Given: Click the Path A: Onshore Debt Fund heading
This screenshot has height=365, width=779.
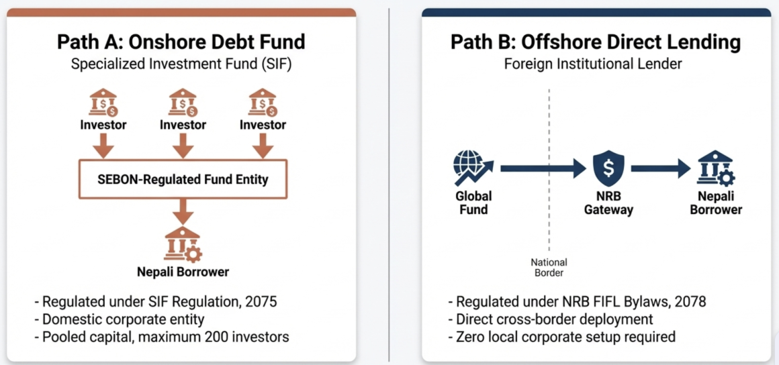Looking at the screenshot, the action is pyautogui.click(x=181, y=42).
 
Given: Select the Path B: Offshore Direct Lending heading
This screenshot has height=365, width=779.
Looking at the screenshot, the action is pyautogui.click(x=596, y=42).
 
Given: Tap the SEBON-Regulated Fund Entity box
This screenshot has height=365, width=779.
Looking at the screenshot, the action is pyautogui.click(x=183, y=178).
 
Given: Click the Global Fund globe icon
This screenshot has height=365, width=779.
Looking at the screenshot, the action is pyautogui.click(x=473, y=168).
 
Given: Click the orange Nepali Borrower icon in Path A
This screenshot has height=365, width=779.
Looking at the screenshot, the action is pyautogui.click(x=183, y=244).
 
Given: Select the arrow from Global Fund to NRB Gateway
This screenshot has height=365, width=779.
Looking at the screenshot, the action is pyautogui.click(x=543, y=169).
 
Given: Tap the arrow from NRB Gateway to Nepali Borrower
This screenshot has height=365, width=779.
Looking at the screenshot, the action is pyautogui.click(x=661, y=169).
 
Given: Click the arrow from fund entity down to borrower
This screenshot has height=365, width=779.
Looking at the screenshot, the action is pyautogui.click(x=183, y=212).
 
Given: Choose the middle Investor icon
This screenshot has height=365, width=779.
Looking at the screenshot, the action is pyautogui.click(x=183, y=102).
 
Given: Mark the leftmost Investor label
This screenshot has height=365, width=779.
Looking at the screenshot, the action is pyautogui.click(x=103, y=125).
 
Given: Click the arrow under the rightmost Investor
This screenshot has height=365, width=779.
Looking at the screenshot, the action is pyautogui.click(x=263, y=146).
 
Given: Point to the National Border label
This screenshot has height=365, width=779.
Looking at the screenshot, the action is pyautogui.click(x=549, y=267).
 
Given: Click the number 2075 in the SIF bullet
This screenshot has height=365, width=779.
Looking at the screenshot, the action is pyautogui.click(x=261, y=301).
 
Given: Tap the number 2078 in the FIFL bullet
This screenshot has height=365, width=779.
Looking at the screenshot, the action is pyautogui.click(x=690, y=301).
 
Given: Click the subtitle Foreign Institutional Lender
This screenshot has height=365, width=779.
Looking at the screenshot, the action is pyautogui.click(x=593, y=64).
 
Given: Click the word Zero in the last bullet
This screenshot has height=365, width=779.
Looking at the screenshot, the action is pyautogui.click(x=469, y=337).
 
